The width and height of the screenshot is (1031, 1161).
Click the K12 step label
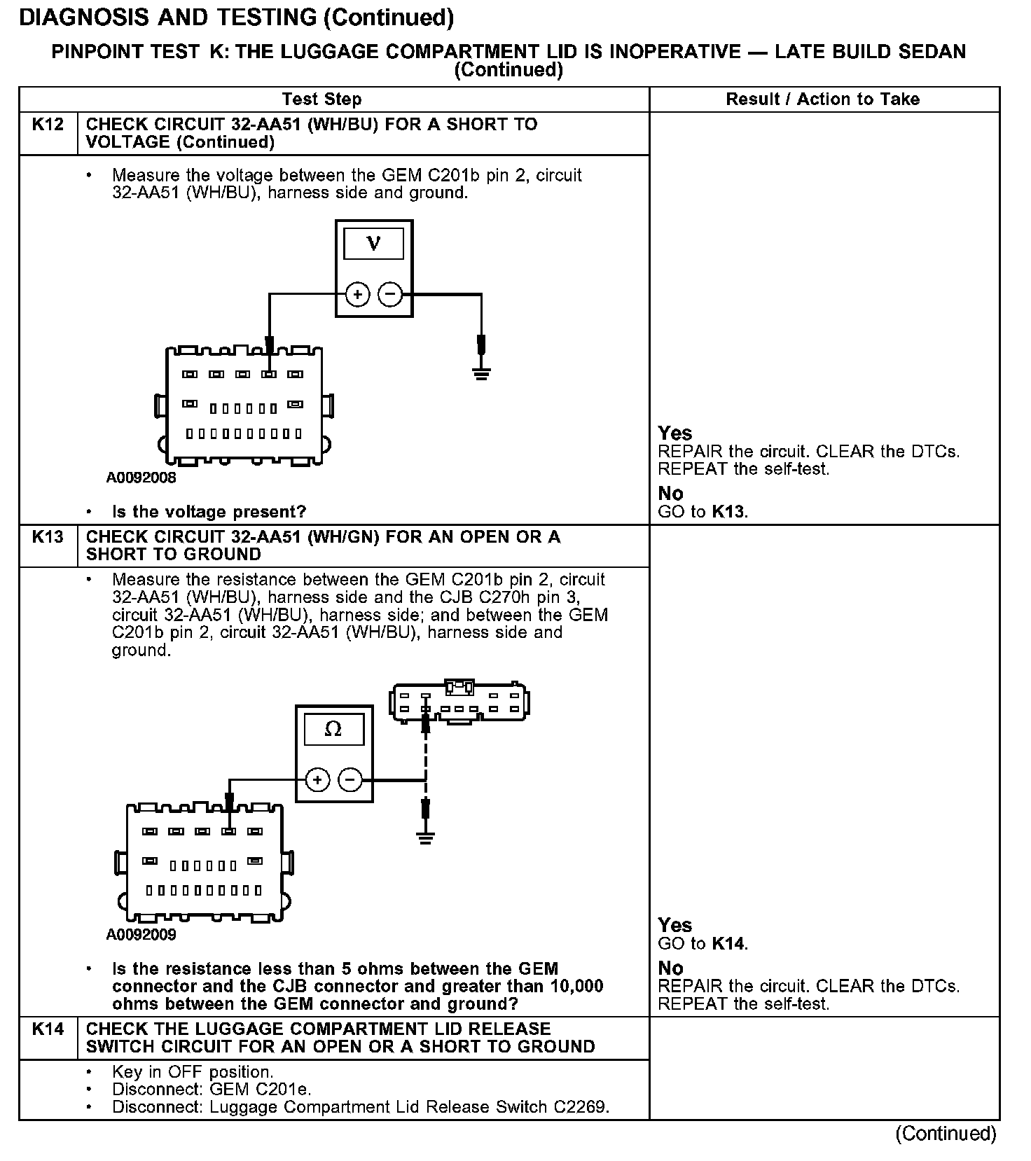click(48, 125)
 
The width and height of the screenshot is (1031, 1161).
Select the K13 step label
click(48, 537)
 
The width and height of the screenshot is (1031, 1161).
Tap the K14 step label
click(48, 1029)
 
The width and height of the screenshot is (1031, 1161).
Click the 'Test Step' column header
click(321, 99)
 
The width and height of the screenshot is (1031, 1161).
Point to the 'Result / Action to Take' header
click(822, 99)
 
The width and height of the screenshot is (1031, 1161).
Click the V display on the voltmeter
click(374, 244)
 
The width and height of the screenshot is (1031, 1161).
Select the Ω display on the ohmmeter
click(334, 730)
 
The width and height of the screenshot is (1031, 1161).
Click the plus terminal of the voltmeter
click(358, 294)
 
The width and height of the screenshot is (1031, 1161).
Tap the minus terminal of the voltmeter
click(391, 294)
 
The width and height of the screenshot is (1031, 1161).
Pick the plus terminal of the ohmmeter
click(318, 779)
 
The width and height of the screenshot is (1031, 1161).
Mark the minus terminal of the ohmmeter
click(351, 779)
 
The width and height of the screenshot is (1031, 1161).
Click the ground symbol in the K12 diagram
click(481, 372)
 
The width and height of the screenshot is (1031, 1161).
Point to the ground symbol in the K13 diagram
click(425, 837)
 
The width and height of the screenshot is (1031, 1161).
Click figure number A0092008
click(141, 478)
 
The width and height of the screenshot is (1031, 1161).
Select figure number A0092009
click(141, 935)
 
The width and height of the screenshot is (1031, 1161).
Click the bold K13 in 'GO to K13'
click(728, 512)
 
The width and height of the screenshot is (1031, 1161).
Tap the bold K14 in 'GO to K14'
click(728, 944)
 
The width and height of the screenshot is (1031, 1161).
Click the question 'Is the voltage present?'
click(209, 512)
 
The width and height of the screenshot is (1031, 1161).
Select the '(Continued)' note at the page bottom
click(946, 1134)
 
